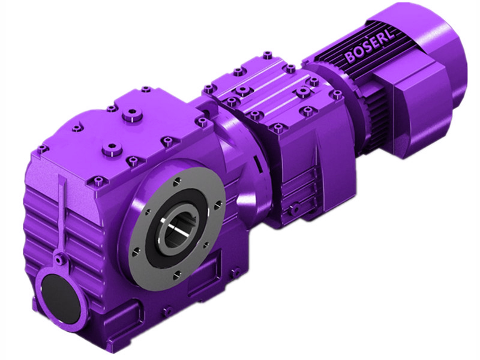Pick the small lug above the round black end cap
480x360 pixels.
[58, 259]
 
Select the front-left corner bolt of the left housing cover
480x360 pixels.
[41, 148]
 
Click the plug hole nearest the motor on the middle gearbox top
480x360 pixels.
[313, 80]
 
